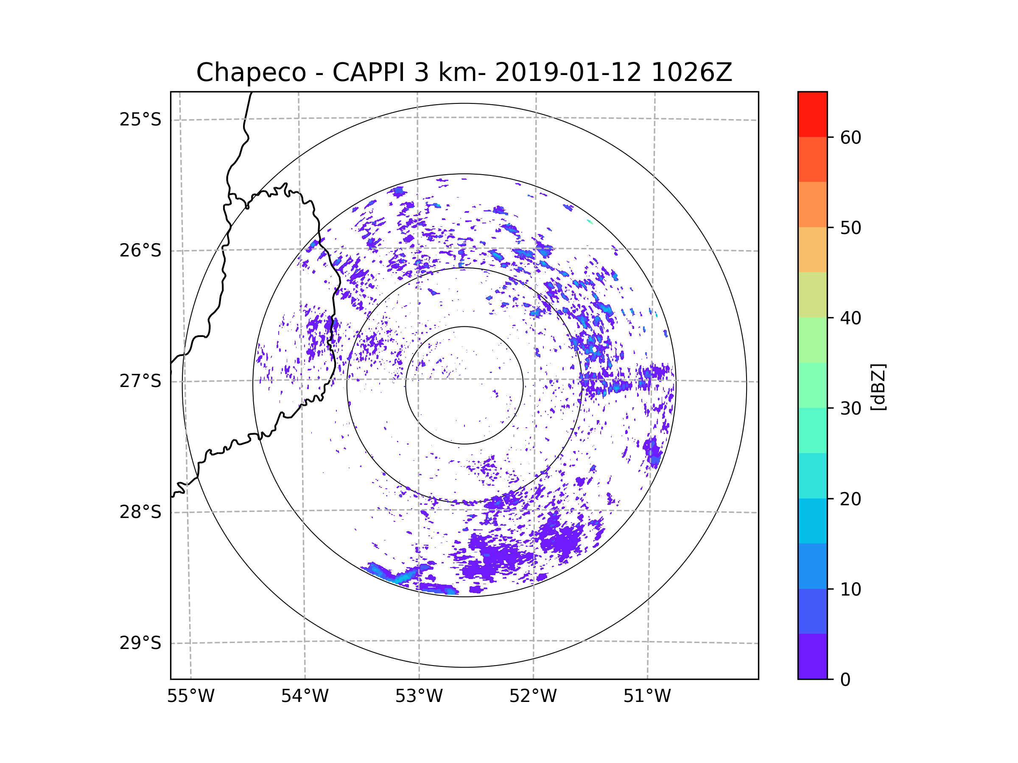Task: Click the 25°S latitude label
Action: [140, 120]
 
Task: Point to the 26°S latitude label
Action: [140, 251]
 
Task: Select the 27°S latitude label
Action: [140, 381]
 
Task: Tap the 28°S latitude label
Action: [140, 512]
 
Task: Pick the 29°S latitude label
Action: [140, 643]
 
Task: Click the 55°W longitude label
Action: [190, 696]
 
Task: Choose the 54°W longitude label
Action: [305, 696]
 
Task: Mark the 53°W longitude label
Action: [419, 696]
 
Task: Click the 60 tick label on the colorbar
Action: [850, 137]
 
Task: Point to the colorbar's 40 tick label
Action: [850, 318]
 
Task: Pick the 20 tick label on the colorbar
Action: [850, 499]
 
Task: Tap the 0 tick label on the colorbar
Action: [845, 680]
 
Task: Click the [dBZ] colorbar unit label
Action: [878, 387]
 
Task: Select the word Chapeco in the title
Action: [251, 72]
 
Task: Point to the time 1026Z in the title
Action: [691, 72]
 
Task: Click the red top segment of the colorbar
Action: [812, 114]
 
